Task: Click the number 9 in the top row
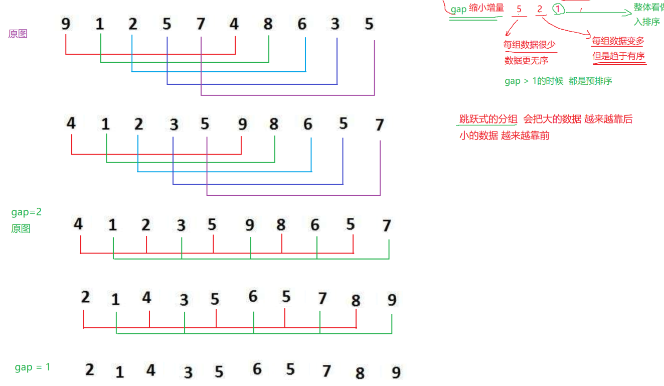pyautogui.click(x=66, y=24)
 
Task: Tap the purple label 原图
pyautogui.click(x=18, y=34)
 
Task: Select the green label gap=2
pyautogui.click(x=26, y=212)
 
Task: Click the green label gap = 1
pyautogui.click(x=33, y=367)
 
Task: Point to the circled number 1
pyautogui.click(x=557, y=9)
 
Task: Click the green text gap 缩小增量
pyautogui.click(x=477, y=8)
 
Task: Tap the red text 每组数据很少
pyautogui.click(x=530, y=45)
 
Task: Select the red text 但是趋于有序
pyautogui.click(x=619, y=56)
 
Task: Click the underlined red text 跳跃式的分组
pyautogui.click(x=488, y=119)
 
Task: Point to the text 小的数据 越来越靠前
pyautogui.click(x=504, y=136)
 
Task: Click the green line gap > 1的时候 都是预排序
pyautogui.click(x=558, y=81)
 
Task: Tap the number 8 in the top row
pyautogui.click(x=268, y=24)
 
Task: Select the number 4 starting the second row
pyautogui.click(x=71, y=123)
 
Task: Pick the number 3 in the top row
pyautogui.click(x=335, y=24)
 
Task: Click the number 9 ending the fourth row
pyautogui.click(x=392, y=300)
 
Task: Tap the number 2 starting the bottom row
pyautogui.click(x=89, y=369)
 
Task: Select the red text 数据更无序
pyautogui.click(x=526, y=61)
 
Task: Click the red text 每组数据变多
pyautogui.click(x=618, y=41)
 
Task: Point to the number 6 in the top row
pyautogui.click(x=302, y=24)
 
